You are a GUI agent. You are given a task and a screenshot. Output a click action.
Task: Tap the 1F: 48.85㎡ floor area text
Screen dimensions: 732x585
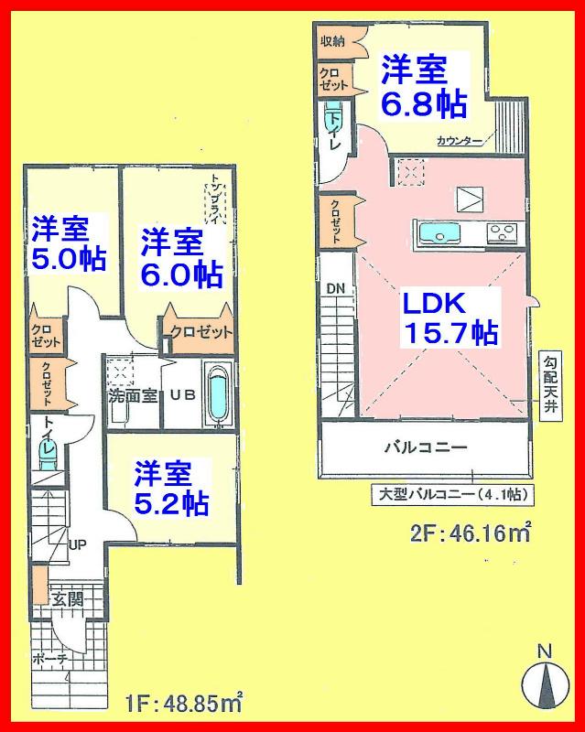pyautogui.click(x=182, y=703)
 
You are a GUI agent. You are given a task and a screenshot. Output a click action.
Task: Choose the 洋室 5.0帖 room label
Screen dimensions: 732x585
pyautogui.click(x=69, y=243)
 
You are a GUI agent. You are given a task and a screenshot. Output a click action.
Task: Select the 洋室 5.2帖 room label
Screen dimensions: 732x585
pyautogui.click(x=170, y=489)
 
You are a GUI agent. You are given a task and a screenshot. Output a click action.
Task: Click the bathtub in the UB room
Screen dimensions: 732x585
pyautogui.click(x=216, y=395)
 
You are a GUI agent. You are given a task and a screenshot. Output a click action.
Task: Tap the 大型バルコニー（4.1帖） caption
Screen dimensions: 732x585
pyautogui.click(x=452, y=495)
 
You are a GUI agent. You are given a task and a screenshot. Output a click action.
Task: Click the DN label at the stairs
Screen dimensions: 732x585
pyautogui.click(x=335, y=289)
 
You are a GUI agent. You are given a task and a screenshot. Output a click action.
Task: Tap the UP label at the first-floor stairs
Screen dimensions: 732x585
pyautogui.click(x=78, y=544)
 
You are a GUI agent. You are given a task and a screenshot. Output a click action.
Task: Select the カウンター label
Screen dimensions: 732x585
pyautogui.click(x=460, y=141)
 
